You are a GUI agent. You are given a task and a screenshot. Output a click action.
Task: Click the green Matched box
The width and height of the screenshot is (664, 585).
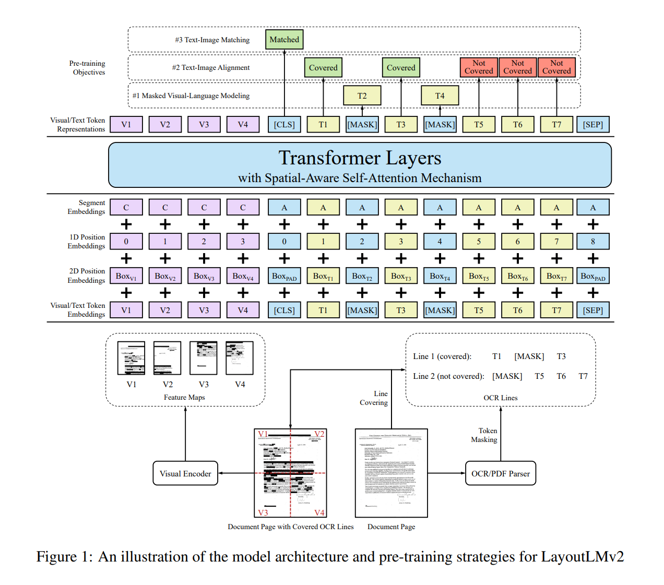tap(284, 40)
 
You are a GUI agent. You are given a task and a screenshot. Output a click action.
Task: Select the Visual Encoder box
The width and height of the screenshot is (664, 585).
tap(185, 473)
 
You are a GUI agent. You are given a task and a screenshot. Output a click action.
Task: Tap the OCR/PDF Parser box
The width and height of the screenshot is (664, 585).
tap(500, 473)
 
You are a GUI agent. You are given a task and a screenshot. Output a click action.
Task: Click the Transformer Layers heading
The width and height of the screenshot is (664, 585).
tap(360, 158)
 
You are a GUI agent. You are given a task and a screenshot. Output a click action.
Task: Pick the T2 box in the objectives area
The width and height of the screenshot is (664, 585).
tap(362, 95)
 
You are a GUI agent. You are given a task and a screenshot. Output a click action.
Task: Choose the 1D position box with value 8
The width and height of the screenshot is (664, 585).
tap(592, 242)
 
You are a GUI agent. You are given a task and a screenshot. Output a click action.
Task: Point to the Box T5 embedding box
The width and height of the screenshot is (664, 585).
tap(479, 276)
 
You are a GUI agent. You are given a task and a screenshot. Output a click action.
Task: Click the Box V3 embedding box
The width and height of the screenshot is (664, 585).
tap(204, 276)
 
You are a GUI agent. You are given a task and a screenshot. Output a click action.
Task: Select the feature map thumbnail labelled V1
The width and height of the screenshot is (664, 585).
tap(131, 358)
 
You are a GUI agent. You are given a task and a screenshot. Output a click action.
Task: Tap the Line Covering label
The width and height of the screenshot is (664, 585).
tap(374, 398)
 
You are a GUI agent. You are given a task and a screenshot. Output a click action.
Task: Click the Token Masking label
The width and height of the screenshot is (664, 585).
tap(484, 435)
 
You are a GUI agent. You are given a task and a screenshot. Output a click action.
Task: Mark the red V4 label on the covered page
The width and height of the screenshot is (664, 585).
tap(319, 512)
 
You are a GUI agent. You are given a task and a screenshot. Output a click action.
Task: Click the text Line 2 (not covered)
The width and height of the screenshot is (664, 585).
tap(448, 376)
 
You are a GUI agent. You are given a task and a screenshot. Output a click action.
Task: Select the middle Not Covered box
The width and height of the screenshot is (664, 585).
tap(517, 67)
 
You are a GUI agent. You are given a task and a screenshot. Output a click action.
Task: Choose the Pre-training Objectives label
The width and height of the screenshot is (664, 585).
tap(87, 68)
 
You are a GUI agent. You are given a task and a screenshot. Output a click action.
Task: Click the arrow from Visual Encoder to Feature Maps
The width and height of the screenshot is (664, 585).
tap(185, 433)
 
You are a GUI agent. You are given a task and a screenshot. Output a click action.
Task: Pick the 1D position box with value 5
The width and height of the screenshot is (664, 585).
tap(479, 242)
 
